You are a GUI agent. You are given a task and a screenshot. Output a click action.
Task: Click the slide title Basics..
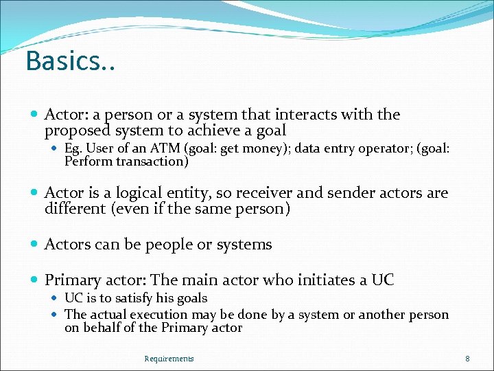(x=70, y=61)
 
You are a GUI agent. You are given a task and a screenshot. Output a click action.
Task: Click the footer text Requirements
(x=169, y=359)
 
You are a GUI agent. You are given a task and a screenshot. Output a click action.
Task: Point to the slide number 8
(x=467, y=359)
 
